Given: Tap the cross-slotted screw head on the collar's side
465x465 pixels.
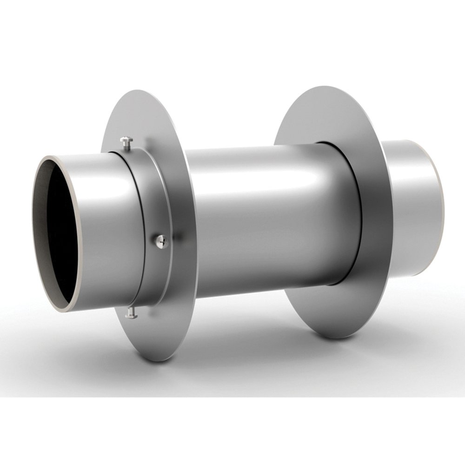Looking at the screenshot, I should (161, 240).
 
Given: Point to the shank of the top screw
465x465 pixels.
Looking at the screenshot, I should (127, 146).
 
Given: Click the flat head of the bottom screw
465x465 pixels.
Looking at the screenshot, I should (131, 316).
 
